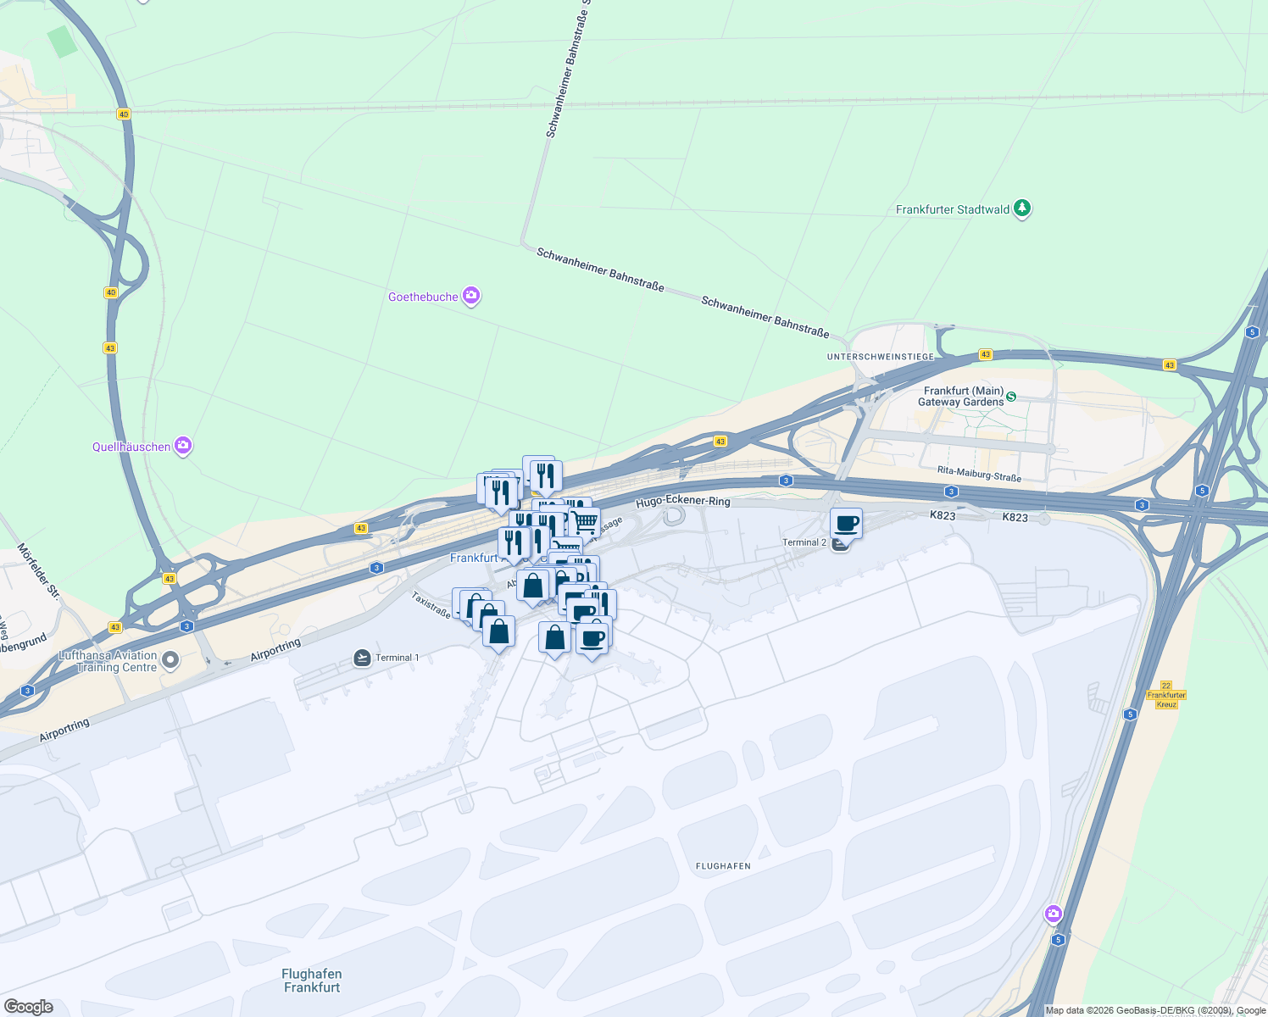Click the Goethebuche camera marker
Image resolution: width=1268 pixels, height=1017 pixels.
click(471, 297)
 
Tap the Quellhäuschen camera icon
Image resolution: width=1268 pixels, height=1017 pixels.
click(182, 446)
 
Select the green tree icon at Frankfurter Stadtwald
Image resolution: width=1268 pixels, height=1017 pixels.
click(1022, 208)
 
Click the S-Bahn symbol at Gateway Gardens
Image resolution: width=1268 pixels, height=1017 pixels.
click(1010, 397)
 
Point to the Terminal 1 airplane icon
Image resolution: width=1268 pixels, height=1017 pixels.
click(362, 658)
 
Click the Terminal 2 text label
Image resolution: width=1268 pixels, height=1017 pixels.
click(804, 542)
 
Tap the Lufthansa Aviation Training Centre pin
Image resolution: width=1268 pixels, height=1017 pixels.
click(170, 660)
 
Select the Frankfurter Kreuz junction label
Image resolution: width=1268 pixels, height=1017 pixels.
click(1166, 700)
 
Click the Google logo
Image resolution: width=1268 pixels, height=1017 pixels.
click(28, 1007)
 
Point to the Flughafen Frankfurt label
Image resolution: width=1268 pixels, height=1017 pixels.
click(312, 981)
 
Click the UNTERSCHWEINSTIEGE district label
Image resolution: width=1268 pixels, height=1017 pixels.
click(881, 357)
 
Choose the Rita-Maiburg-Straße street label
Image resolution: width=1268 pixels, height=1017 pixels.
click(979, 474)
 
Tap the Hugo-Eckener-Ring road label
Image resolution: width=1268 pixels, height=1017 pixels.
click(682, 502)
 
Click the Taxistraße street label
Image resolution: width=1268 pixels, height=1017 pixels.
click(431, 604)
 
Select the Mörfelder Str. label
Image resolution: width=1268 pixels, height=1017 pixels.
click(38, 570)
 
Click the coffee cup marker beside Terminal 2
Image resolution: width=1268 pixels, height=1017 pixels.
click(846, 523)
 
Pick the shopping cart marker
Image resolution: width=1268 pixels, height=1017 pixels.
click(584, 519)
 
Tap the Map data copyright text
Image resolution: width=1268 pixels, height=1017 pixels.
click(1155, 1010)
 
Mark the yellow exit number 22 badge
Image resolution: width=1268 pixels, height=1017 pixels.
click(1166, 686)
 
